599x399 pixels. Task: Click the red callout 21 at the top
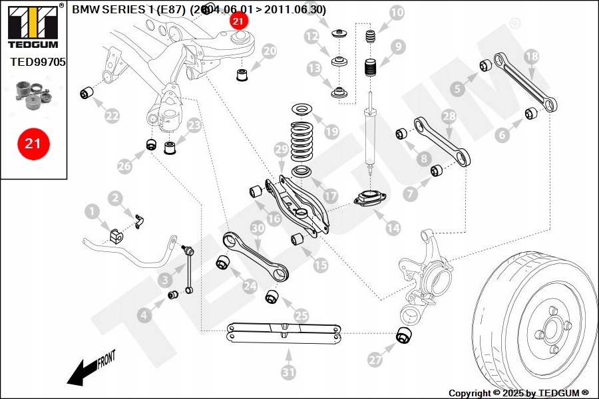click(238, 21)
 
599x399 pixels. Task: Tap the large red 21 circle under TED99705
click(33, 143)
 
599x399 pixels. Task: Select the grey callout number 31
click(288, 372)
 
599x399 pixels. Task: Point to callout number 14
click(393, 227)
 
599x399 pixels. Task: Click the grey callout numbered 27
click(375, 360)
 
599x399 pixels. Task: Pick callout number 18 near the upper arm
click(530, 57)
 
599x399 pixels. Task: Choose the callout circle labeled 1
click(91, 212)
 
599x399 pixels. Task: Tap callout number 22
click(112, 116)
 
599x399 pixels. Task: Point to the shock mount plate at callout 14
click(368, 199)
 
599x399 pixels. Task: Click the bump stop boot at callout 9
click(370, 68)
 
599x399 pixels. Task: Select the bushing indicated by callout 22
click(86, 92)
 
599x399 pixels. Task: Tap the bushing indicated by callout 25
click(272, 296)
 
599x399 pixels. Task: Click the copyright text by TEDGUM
click(518, 393)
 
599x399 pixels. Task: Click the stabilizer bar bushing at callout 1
click(114, 236)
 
